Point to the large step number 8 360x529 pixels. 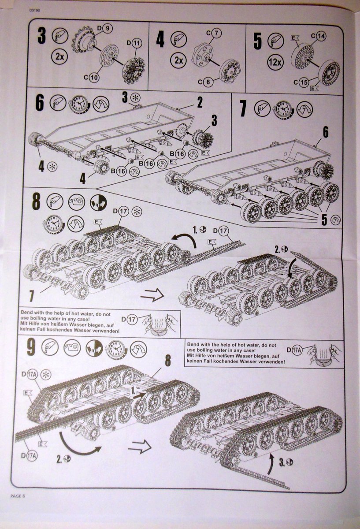(36, 201)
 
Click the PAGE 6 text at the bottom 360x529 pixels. (19, 496)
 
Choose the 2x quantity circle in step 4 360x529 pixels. (179, 60)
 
